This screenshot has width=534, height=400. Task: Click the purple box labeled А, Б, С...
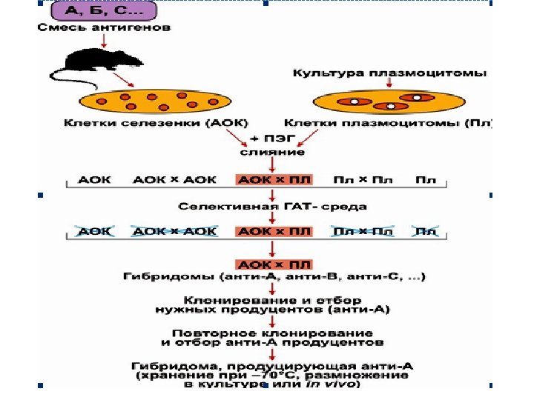[104, 11]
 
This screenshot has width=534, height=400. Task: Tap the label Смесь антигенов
[104, 29]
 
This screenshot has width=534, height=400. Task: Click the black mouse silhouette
[89, 63]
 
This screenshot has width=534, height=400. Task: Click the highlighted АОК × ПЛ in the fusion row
[274, 179]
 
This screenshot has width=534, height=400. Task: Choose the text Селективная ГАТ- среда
[271, 207]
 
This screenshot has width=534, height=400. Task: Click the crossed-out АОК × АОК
[175, 231]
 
